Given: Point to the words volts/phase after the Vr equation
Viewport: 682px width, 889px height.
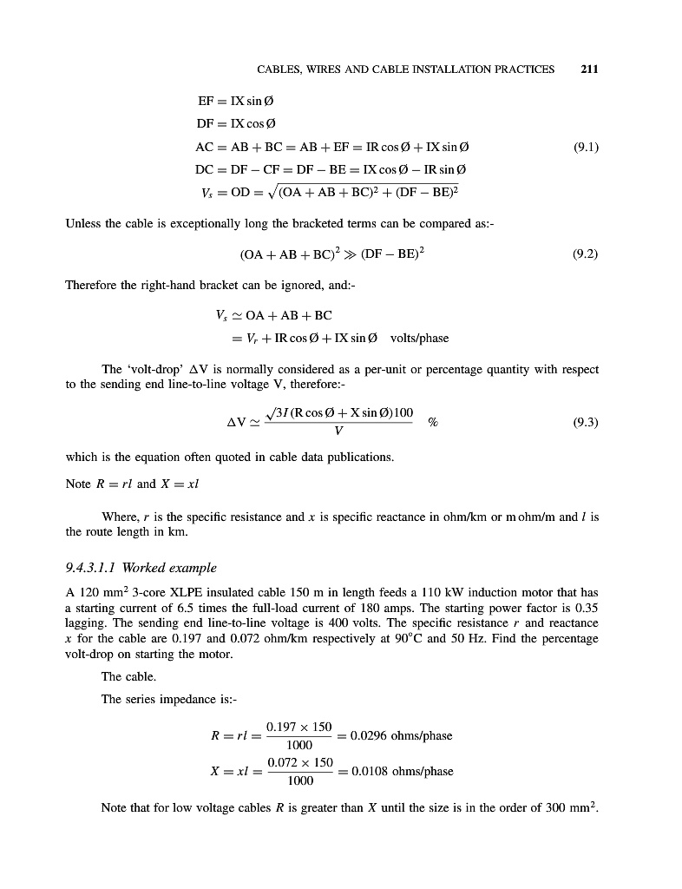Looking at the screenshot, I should [x=420, y=338].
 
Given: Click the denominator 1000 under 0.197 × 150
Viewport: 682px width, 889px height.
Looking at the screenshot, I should [x=299, y=744].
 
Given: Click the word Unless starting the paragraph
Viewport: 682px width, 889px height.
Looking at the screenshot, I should [x=84, y=224].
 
